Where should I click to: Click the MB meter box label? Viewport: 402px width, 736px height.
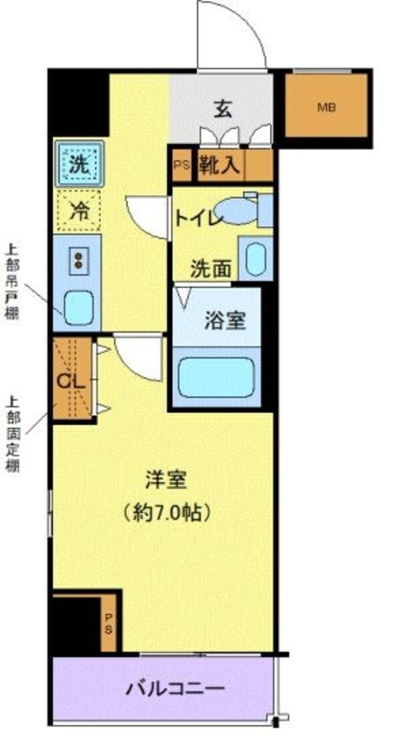(326, 107)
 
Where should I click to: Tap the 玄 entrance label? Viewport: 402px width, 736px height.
(223, 109)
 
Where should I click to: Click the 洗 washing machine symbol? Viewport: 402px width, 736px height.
(79, 164)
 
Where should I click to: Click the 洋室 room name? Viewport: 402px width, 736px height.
(167, 480)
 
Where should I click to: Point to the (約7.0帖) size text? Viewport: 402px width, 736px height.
(167, 513)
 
